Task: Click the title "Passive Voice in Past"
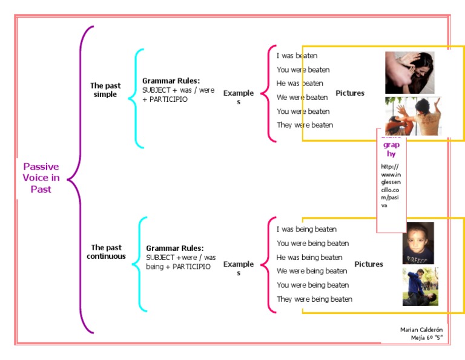[41, 178]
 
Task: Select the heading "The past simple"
[105, 90]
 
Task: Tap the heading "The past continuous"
[106, 252]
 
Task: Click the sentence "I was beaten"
[297, 56]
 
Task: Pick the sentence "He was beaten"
[300, 84]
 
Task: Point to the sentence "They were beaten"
[305, 125]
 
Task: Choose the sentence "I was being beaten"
[306, 230]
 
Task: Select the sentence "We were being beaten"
[312, 272]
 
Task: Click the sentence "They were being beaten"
[314, 299]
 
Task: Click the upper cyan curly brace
[136, 98]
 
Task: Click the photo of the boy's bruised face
[418, 242]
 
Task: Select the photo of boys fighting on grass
[420, 287]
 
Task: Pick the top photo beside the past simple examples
[409, 72]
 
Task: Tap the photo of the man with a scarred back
[413, 116]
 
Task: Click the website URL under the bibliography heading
[391, 186]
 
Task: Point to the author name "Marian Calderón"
[421, 330]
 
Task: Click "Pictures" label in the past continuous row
[369, 264]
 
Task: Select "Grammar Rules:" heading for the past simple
[171, 81]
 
